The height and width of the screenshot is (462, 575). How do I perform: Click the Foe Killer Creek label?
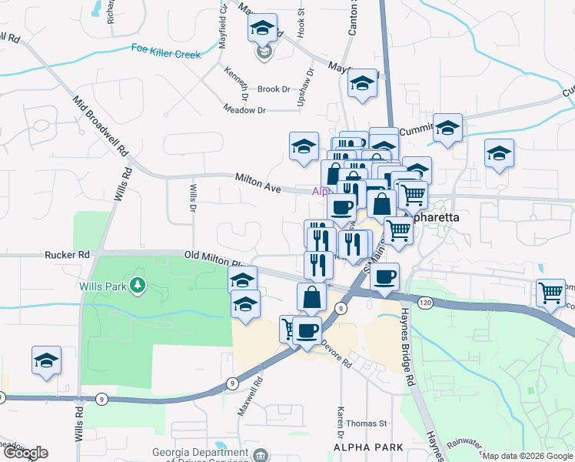[x=165, y=52]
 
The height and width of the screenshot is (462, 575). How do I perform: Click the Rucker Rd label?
[x=68, y=254]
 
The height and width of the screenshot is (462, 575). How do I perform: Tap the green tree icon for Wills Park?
[x=138, y=286]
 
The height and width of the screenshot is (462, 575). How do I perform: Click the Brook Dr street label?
[x=273, y=89]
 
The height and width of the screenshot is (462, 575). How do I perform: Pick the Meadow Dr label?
[x=244, y=110]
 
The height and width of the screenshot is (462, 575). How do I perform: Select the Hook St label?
[x=301, y=23]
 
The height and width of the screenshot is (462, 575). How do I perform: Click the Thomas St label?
[x=367, y=423]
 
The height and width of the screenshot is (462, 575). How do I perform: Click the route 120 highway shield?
[x=426, y=304]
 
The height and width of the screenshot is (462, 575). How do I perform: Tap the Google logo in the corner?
[x=25, y=453]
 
